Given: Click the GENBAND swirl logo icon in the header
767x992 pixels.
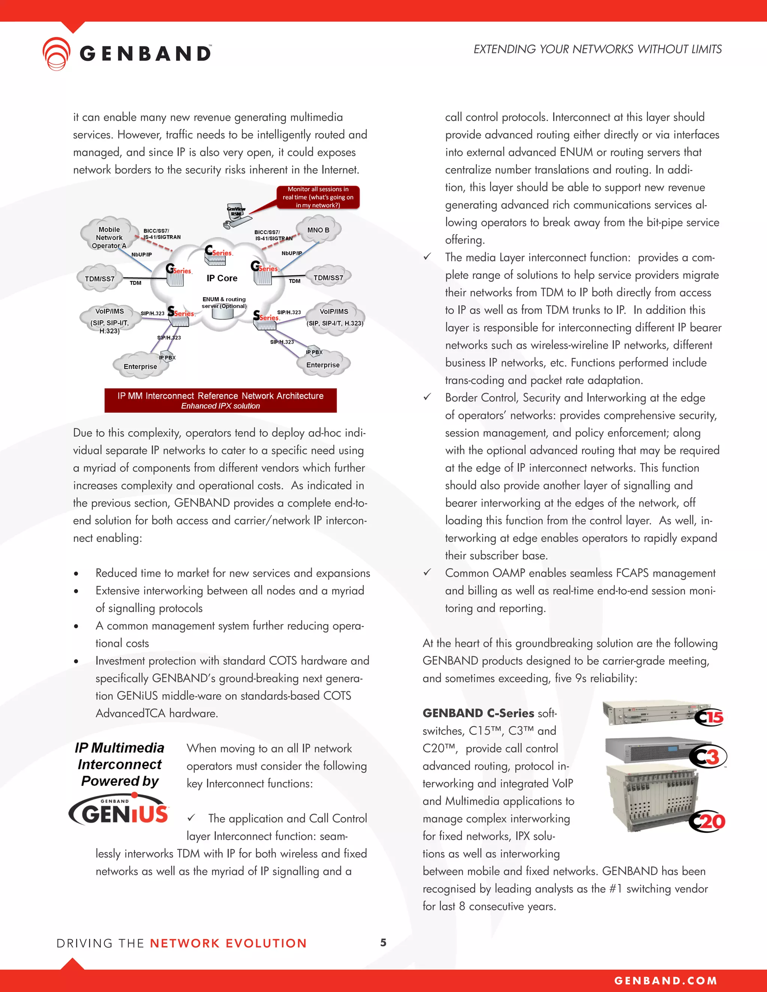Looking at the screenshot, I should pos(56,54).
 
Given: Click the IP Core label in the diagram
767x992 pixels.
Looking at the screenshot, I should pos(222,278).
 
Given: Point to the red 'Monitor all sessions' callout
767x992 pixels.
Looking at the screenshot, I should pos(318,197).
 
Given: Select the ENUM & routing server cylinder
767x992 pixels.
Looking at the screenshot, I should pos(223,313).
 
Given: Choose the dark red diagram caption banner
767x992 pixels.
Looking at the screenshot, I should pos(220,400).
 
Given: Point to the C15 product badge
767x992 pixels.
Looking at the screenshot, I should pos(709,717).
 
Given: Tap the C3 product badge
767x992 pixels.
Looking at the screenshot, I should pos(708,756).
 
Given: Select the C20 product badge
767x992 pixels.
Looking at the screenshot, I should pos(707,821).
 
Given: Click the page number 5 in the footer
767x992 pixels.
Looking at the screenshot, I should pos(383,943).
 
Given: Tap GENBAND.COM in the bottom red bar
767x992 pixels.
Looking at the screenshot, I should pos(666,981).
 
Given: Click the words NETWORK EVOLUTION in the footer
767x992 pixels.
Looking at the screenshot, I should pos(228,943).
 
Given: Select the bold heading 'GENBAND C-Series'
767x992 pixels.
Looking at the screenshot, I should pos(478,713).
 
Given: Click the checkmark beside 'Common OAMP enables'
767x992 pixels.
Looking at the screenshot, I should pos(427,572).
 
